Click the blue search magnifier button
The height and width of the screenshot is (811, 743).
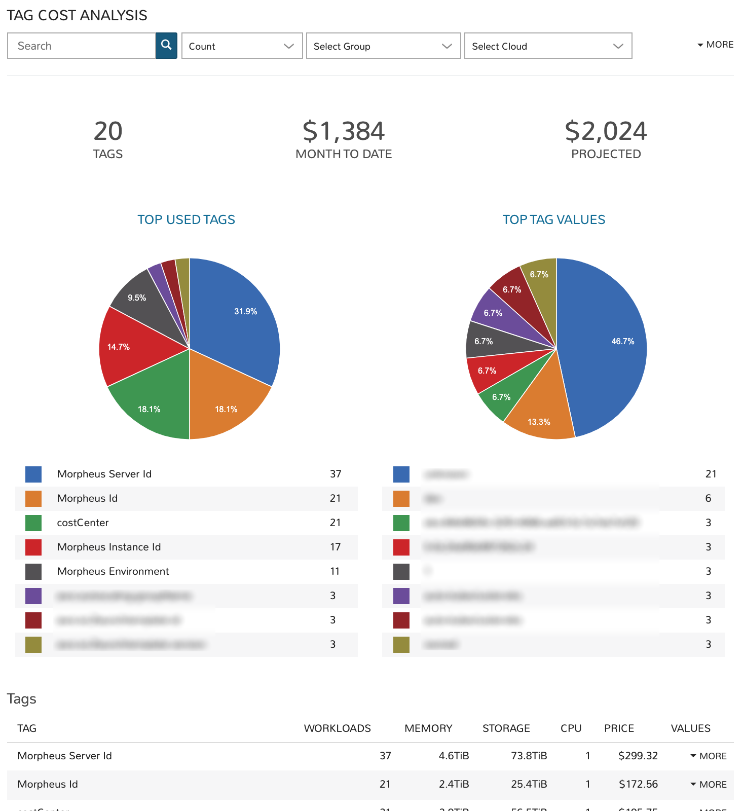(x=166, y=46)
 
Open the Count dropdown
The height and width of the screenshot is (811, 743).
(x=242, y=46)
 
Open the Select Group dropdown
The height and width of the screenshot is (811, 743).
(x=383, y=46)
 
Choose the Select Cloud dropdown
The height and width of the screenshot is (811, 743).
(x=548, y=46)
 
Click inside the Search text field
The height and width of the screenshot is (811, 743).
(x=81, y=46)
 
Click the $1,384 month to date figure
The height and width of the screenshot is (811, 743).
(x=344, y=131)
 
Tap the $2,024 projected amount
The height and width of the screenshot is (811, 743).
(x=606, y=131)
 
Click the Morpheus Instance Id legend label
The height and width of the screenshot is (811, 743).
(x=109, y=547)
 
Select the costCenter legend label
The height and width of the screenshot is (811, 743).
(x=83, y=523)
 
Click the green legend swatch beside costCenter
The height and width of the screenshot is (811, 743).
(x=33, y=523)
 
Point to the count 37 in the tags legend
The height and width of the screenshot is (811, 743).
(x=336, y=474)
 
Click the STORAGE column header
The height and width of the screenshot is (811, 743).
(x=506, y=728)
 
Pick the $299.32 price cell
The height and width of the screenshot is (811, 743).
(x=638, y=756)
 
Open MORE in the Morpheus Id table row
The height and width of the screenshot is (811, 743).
(x=709, y=784)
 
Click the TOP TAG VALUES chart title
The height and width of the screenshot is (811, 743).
(x=553, y=219)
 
